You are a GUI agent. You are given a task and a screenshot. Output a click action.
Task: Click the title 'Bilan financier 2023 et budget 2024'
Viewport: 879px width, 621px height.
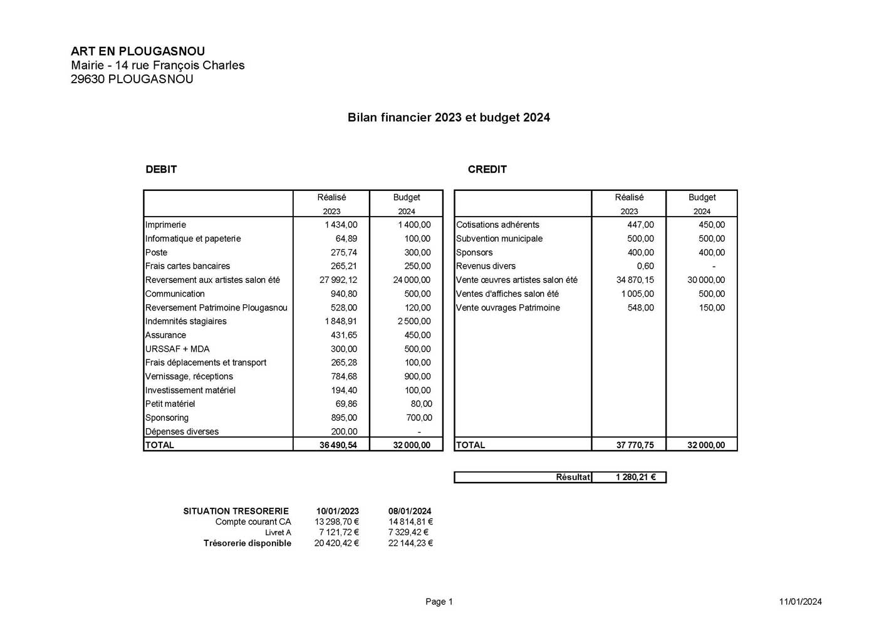449,118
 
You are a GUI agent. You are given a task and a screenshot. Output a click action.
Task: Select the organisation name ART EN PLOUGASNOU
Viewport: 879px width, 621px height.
138,51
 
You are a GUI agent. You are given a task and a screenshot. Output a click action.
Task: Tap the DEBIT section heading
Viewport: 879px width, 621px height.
161,169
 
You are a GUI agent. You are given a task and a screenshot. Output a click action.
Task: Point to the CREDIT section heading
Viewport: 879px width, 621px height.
487,169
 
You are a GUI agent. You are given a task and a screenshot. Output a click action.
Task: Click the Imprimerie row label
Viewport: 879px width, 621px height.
165,225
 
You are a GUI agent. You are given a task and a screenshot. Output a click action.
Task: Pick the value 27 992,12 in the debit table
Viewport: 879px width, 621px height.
338,280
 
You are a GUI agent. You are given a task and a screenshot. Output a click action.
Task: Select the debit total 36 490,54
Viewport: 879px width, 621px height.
338,445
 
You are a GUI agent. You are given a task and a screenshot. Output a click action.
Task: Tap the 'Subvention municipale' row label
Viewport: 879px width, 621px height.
499,239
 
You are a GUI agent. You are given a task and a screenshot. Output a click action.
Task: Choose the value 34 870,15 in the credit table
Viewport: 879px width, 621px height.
635,280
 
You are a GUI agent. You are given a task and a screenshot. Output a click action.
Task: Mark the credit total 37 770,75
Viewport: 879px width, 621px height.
635,445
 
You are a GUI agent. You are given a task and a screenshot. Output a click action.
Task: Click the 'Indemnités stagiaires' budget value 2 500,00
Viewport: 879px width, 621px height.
413,321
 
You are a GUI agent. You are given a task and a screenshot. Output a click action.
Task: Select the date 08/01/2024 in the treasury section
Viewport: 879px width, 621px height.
410,511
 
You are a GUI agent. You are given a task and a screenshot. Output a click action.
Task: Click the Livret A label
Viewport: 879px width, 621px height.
278,533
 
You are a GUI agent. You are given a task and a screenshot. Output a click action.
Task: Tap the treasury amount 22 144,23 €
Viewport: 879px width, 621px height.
410,543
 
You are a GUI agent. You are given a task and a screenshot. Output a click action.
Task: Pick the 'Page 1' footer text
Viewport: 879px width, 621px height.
439,602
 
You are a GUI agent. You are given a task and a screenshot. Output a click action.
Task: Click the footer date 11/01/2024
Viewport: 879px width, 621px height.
800,602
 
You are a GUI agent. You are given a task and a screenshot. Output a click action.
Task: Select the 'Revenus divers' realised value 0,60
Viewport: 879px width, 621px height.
645,266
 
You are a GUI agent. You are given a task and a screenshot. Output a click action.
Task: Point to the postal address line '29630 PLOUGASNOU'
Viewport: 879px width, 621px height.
132,79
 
